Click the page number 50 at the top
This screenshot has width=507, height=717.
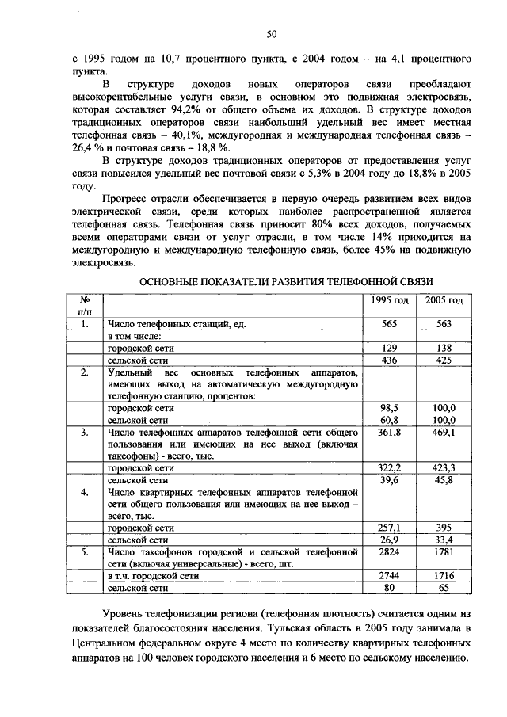(271, 33)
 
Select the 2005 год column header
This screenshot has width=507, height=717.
(444, 301)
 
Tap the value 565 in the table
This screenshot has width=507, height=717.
(389, 324)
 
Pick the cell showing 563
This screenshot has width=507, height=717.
(444, 324)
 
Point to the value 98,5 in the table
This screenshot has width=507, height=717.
(389, 407)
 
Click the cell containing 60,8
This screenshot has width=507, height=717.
(389, 419)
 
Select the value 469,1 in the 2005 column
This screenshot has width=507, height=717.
(444, 432)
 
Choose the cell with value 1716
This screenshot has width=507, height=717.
(444, 576)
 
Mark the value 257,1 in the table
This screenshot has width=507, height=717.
(389, 527)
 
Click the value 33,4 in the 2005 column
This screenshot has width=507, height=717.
(444, 540)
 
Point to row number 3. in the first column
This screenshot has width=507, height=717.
(84, 432)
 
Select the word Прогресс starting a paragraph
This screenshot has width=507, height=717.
(128, 199)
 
